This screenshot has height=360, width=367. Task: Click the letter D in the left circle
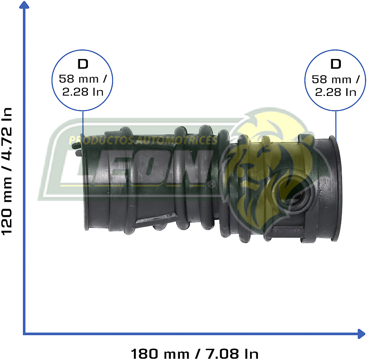83,64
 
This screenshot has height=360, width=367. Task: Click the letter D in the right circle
336,64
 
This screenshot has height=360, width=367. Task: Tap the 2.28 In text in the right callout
336,92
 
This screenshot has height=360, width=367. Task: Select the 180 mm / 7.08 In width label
194,353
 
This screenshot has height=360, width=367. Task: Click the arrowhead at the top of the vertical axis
24,5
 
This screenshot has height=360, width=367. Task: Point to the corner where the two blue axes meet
24,333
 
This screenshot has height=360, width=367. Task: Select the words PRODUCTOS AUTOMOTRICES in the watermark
143,140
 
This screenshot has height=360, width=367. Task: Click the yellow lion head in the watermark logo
265,166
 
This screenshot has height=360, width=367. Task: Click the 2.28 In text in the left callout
83,92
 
